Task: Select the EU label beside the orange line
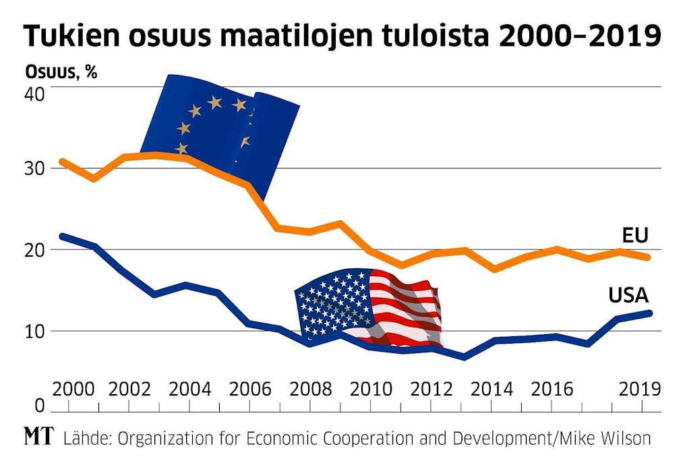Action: coord(634,235)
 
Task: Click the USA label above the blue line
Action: coord(628,295)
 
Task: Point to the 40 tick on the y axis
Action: coord(35,94)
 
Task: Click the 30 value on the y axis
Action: coord(35,168)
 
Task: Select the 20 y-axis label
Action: coord(35,250)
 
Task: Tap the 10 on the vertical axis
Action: coord(35,332)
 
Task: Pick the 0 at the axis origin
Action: coord(38,406)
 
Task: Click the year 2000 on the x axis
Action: coord(73,389)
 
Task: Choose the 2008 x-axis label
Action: coord(312,389)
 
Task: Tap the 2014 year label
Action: coord(491,389)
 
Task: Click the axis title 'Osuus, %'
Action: coord(61,72)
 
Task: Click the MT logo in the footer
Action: coord(40,437)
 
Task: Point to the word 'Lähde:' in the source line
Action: coord(88,438)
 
